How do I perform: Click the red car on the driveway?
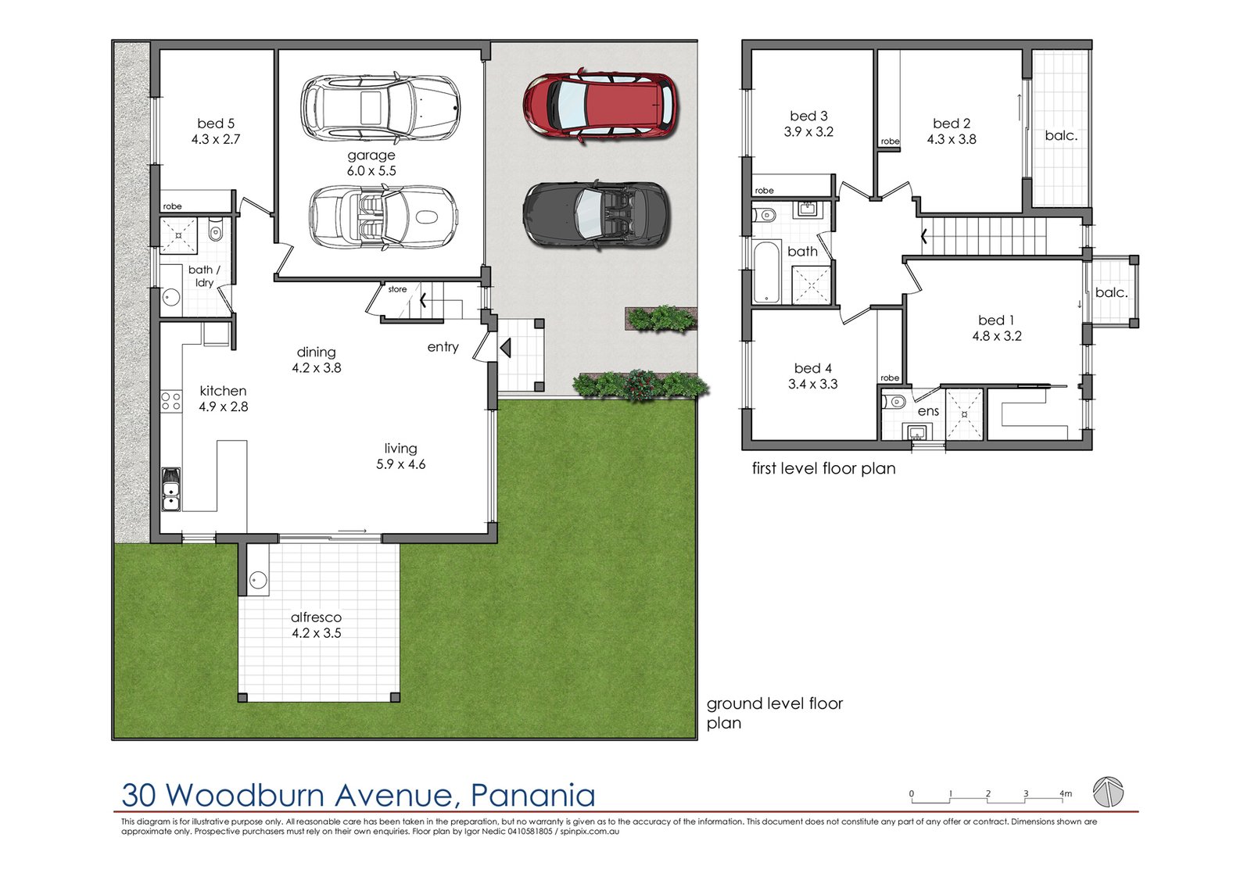[x=600, y=107]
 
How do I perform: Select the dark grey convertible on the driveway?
[x=596, y=215]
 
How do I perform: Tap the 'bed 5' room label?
[x=216, y=123]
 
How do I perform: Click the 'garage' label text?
[x=371, y=156]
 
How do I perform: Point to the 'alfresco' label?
[x=316, y=617]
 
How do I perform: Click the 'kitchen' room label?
[x=223, y=391]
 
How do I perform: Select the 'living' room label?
[x=400, y=449]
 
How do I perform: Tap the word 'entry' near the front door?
[x=443, y=347]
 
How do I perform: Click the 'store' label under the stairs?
[x=397, y=289]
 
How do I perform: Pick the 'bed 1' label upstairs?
[x=996, y=320]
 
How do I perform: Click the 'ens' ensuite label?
[x=928, y=412]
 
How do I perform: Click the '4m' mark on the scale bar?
[x=1066, y=793]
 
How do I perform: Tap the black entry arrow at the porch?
[x=505, y=348]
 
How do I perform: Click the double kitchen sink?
[x=171, y=489]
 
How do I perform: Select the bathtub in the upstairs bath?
[x=767, y=272]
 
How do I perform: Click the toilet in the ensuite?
[x=894, y=401]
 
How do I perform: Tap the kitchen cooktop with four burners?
[x=171, y=402]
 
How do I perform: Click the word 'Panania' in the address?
[x=532, y=795]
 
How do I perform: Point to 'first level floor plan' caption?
[x=824, y=468]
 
